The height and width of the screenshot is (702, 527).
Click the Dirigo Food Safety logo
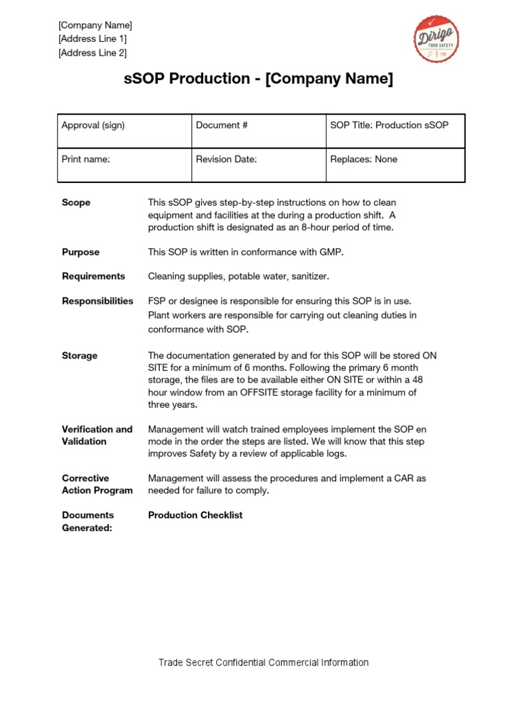[436, 38]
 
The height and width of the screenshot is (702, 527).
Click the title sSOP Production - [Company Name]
[259, 80]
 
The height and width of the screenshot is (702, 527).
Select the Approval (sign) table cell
[124, 130]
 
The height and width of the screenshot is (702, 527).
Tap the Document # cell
[258, 130]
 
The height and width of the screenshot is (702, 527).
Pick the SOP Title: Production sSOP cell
[395, 130]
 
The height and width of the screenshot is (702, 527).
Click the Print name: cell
[124, 165]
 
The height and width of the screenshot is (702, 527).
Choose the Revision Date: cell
[258, 165]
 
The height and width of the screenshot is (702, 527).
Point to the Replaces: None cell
[395, 165]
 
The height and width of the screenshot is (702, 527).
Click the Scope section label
[76, 203]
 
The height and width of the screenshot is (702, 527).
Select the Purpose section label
[80, 252]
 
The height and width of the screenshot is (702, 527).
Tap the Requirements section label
[93, 276]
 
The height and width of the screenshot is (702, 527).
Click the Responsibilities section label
[97, 301]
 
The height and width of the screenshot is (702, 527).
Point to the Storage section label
[80, 356]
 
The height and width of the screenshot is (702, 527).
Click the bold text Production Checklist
[196, 515]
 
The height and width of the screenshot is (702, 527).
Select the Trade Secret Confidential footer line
[263, 662]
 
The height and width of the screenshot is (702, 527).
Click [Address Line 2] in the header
[93, 53]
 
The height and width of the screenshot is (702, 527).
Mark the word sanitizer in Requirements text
[307, 276]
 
